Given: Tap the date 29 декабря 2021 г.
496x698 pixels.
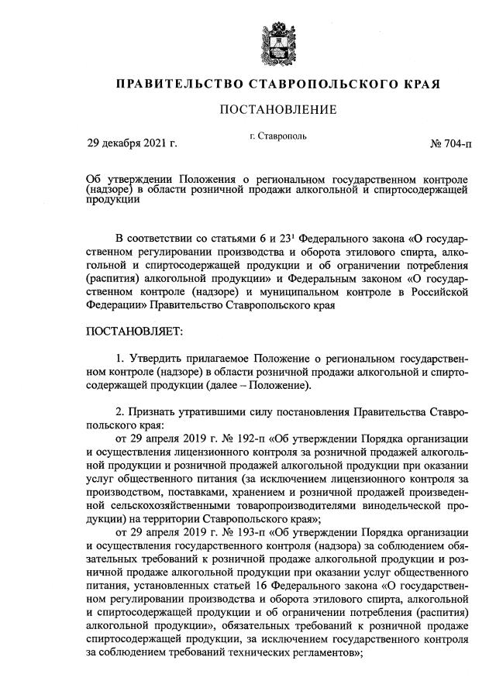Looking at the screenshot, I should pyautogui.click(x=133, y=143).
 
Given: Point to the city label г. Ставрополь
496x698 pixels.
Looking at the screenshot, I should pyautogui.click(x=278, y=136).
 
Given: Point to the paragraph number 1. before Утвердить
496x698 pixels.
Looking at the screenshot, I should pyautogui.click(x=119, y=359).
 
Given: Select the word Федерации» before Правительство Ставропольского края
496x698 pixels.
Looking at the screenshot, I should pyautogui.click(x=115, y=307).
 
